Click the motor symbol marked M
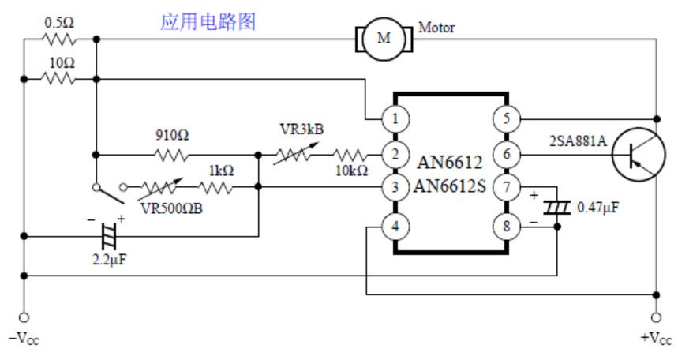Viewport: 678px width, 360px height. [384, 39]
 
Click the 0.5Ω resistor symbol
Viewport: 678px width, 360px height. [59, 39]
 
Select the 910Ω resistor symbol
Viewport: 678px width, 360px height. [171, 155]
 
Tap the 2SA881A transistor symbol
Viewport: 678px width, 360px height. [639, 155]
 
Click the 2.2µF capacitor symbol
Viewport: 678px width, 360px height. [109, 236]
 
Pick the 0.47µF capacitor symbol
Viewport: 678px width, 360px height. [557, 208]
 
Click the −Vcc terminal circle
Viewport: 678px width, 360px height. [24, 317]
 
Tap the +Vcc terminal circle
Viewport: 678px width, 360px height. [657, 317]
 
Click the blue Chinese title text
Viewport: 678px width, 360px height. [208, 21]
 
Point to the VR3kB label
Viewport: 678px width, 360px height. [302, 129]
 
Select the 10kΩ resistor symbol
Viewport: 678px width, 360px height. [350, 155]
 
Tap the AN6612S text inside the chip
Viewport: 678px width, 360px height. [450, 186]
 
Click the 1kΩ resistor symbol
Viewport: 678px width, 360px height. [215, 187]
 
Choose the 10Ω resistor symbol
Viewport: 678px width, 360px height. [59, 79]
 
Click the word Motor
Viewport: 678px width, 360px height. [436, 28]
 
